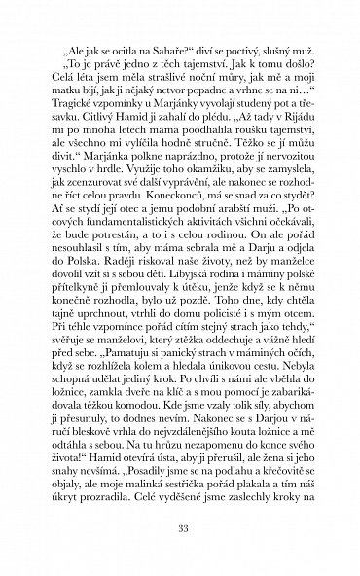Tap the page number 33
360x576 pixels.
click(179, 528)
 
